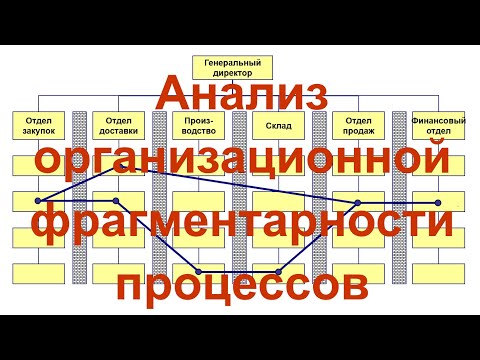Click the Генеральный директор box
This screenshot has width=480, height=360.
(226, 68)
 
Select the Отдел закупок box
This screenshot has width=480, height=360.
(38, 127)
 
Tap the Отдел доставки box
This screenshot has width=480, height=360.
(117, 127)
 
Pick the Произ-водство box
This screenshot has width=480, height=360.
(197, 127)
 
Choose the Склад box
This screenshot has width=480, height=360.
(277, 127)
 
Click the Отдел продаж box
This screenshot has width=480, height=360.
(357, 127)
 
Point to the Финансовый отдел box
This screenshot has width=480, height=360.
(437, 127)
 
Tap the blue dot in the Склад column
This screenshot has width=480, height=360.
(277, 272)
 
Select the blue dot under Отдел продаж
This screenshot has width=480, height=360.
(357, 202)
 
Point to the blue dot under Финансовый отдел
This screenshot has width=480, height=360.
(437, 202)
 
